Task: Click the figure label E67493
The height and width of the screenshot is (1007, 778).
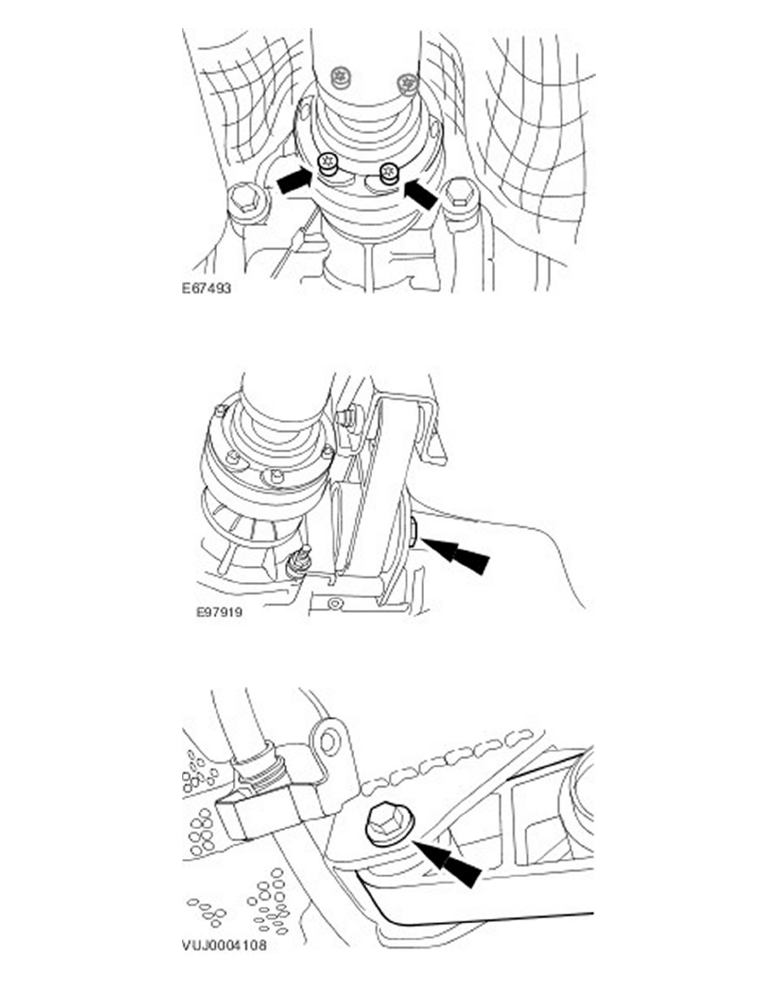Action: [x=206, y=287]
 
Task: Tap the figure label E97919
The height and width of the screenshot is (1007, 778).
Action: [x=220, y=612]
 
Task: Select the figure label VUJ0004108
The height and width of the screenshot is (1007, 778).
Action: [x=224, y=945]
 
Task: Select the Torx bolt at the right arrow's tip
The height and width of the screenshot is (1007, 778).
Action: [x=389, y=172]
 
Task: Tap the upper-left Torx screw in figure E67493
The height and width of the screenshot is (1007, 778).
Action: [x=340, y=78]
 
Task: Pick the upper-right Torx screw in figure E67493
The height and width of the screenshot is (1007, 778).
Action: [x=405, y=83]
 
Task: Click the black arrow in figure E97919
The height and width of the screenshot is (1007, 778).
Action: [x=456, y=555]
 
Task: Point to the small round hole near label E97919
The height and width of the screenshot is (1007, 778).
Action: [x=332, y=604]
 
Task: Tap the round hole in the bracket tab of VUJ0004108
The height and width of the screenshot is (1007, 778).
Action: [x=329, y=743]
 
